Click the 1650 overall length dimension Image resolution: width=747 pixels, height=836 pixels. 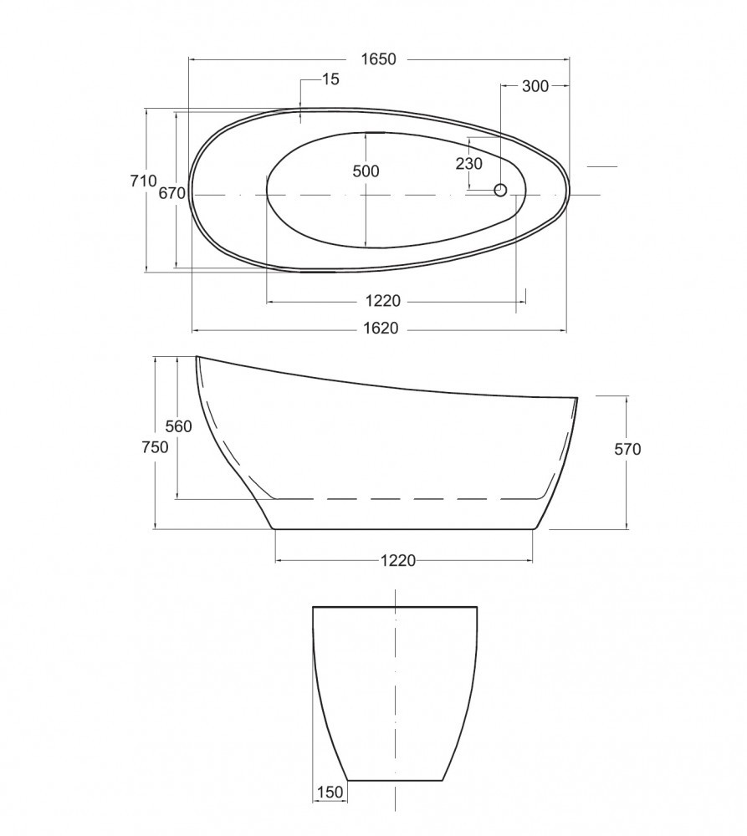point(378,59)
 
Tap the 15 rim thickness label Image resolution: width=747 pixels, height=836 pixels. point(330,79)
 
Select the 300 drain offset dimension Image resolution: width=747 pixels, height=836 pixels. point(535,86)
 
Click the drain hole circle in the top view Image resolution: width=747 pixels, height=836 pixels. point(500,189)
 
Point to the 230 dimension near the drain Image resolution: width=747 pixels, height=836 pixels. point(469,164)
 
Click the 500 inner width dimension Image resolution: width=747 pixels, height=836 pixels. point(366,171)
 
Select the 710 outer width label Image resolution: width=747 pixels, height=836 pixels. point(144,181)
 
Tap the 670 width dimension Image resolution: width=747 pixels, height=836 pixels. point(171,193)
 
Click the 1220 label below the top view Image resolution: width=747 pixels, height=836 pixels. point(383,301)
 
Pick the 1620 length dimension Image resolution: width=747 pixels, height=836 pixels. point(381,328)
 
